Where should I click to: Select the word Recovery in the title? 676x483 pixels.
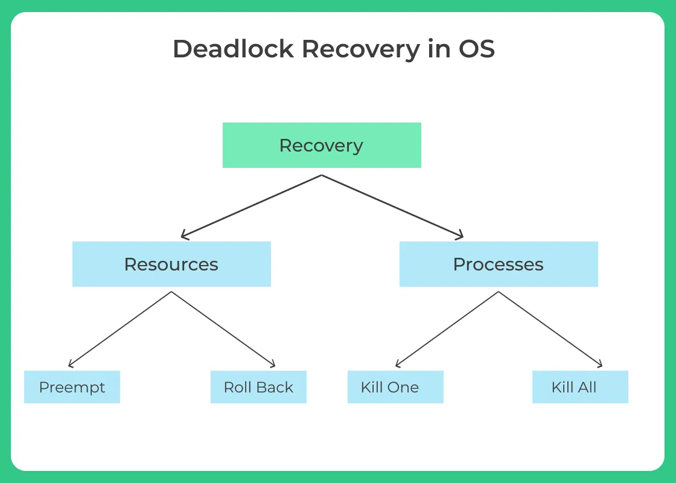click(x=360, y=49)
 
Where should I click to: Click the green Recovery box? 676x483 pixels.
click(x=322, y=146)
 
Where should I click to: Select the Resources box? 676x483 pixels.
click(x=171, y=264)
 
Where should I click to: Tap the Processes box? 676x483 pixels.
click(x=499, y=264)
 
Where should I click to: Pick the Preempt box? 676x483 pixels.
click(x=72, y=387)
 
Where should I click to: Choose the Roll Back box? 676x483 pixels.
click(x=258, y=387)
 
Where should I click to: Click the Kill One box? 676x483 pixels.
click(x=395, y=387)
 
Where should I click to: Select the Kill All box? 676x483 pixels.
click(x=580, y=387)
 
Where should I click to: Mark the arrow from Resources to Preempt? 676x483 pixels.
click(x=121, y=329)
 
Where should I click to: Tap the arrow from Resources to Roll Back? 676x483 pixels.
click(x=223, y=329)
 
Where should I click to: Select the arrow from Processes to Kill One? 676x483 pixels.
click(x=447, y=329)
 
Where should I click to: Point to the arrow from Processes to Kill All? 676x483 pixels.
click(x=550, y=329)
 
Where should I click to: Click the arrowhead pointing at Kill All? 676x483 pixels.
click(x=599, y=365)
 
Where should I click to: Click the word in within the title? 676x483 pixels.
click(x=438, y=49)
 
